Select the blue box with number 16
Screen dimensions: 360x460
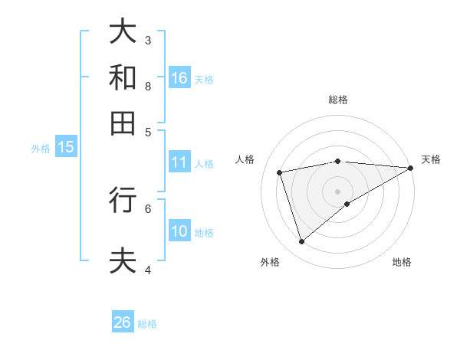[179, 77]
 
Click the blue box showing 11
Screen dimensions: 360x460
[179, 162]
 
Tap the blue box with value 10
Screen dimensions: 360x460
[179, 231]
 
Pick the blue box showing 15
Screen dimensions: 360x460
[66, 148]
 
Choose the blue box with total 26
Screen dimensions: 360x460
[123, 322]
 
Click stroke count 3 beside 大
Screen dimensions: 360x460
[148, 40]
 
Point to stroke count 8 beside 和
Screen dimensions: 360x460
[148, 86]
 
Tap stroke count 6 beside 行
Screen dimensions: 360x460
[148, 208]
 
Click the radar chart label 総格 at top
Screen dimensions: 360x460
[338, 100]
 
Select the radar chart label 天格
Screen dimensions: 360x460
[431, 159]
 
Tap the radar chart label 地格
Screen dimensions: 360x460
[402, 262]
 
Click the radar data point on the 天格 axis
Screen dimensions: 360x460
[411, 168]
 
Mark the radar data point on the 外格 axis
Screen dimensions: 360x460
[301, 242]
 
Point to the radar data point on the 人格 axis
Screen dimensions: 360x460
[280, 172]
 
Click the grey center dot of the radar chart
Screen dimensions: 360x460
[338, 191]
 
